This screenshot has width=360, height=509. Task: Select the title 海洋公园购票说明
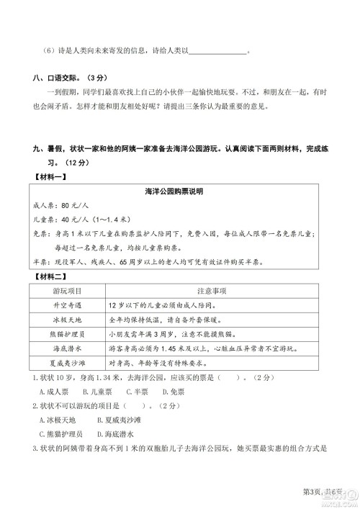176,192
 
